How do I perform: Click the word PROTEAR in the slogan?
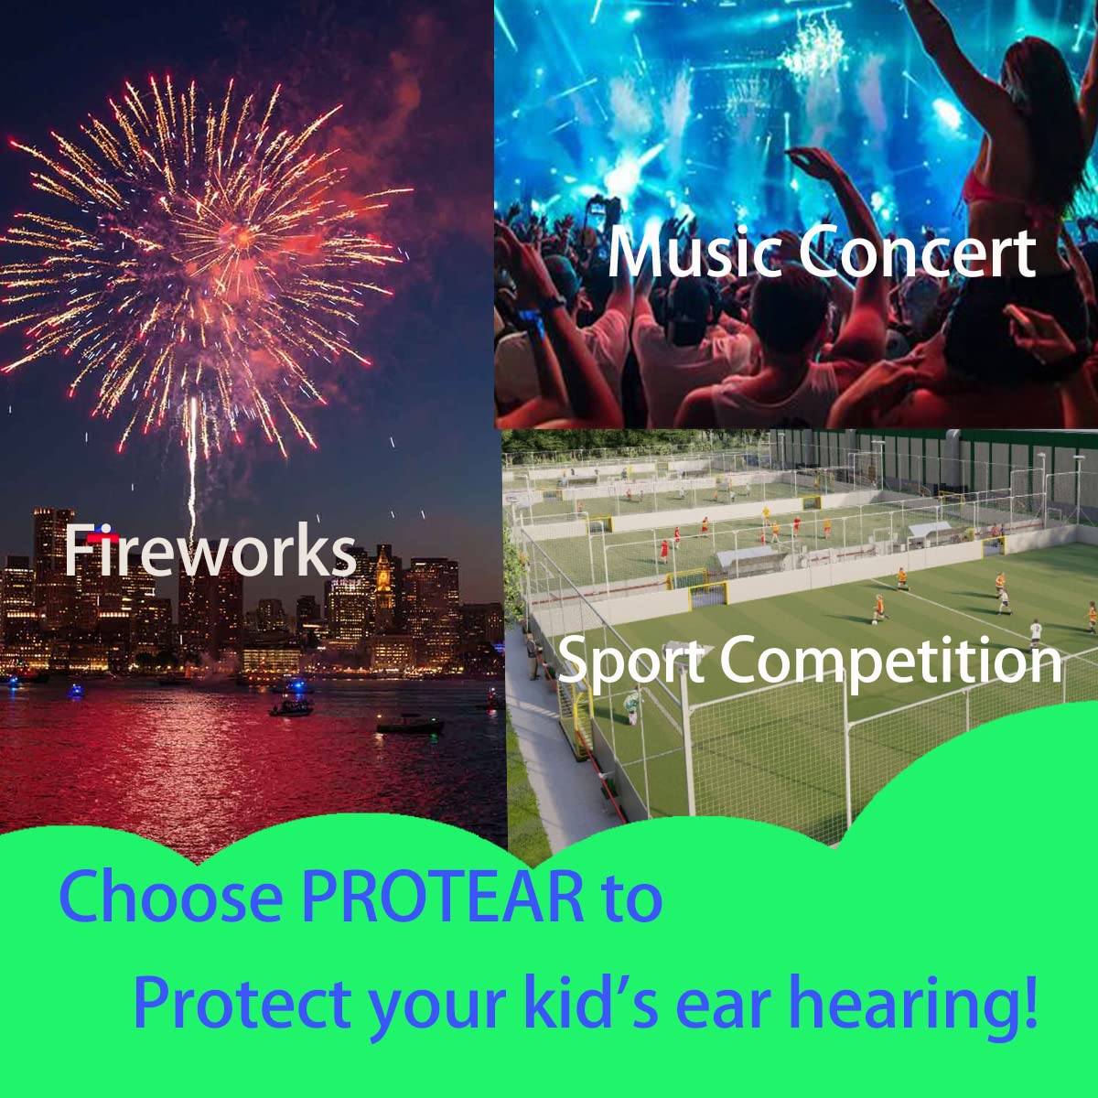pyautogui.click(x=442, y=897)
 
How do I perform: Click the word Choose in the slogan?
pyautogui.click(x=171, y=897)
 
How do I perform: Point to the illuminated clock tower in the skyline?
pyautogui.click(x=383, y=576)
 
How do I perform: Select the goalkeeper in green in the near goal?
pyautogui.click(x=630, y=705)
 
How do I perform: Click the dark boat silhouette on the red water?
pyautogui.click(x=409, y=726)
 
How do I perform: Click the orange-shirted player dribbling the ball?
pyautogui.click(x=879, y=609)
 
